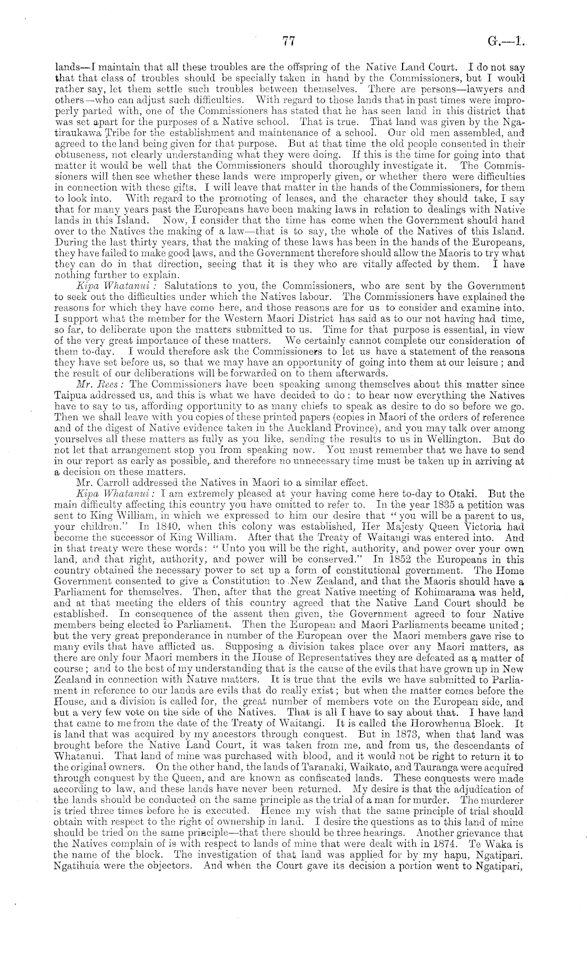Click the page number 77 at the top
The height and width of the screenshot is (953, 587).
click(287, 44)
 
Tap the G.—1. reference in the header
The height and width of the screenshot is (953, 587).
click(506, 44)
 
